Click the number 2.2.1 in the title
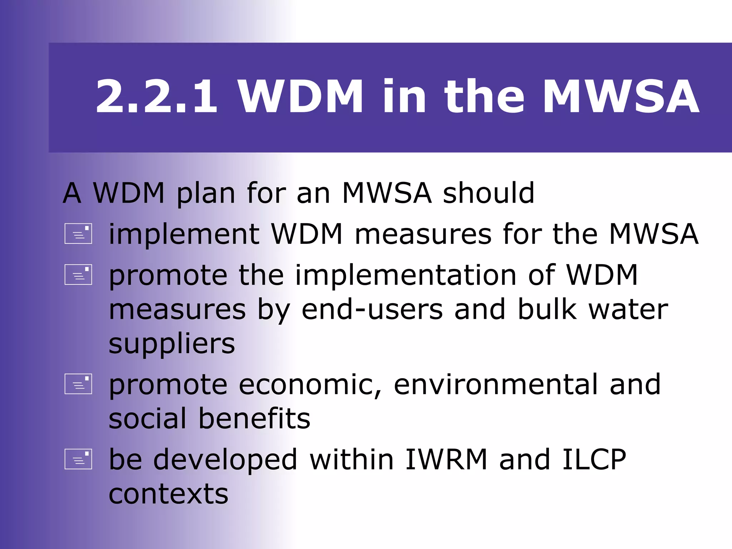[x=156, y=97]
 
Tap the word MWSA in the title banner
[x=621, y=97]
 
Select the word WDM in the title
[x=301, y=97]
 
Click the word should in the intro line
[x=488, y=193]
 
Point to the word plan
[x=206, y=194]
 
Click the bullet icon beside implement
[x=78, y=234]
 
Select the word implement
[x=184, y=234]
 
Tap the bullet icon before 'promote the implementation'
[x=78, y=274]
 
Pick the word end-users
[x=372, y=310]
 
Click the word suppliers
[x=172, y=345]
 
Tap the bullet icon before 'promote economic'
[x=78, y=384]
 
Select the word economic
[x=310, y=385]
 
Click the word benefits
[x=254, y=419]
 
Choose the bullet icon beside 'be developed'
[x=78, y=459]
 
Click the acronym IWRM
[x=446, y=460]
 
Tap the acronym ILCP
[x=594, y=460]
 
